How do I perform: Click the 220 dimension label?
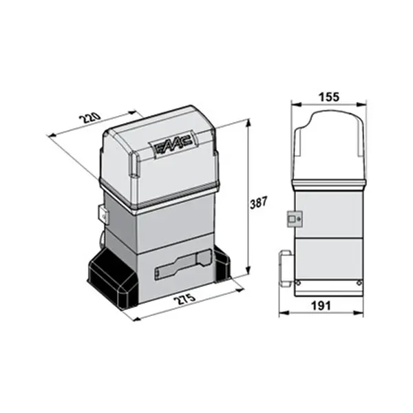(91, 118)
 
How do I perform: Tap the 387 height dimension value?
(258, 202)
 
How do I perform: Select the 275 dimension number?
(186, 299)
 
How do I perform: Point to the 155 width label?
(329, 97)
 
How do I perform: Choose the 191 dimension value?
(321, 306)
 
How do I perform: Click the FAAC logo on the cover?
(172, 145)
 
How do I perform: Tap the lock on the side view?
(295, 219)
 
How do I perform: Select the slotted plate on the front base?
(183, 264)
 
